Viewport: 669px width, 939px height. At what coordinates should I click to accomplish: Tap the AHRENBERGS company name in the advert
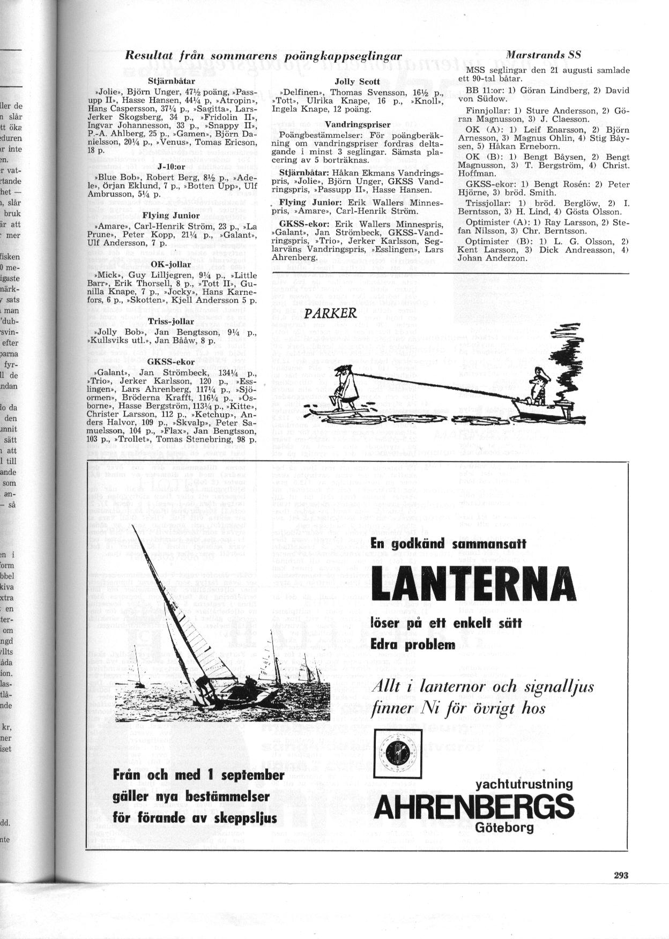474,806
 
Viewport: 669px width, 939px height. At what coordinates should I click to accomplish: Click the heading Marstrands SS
543,54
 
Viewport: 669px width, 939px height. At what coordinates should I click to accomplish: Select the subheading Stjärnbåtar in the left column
166,81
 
